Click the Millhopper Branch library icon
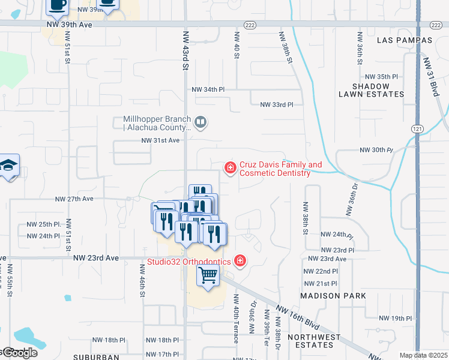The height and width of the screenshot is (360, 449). (x=200, y=123)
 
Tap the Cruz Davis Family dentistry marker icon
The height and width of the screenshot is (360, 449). (x=230, y=167)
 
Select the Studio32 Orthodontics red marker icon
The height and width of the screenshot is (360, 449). (x=240, y=260)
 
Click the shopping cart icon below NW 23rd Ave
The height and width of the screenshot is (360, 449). (x=208, y=277)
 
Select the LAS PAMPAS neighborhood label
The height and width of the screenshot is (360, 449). (x=405, y=40)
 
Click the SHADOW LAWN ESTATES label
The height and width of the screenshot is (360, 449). (x=372, y=91)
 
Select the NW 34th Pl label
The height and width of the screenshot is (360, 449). (x=208, y=89)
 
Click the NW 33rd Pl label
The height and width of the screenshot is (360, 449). (x=277, y=104)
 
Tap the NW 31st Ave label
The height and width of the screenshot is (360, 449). (x=160, y=140)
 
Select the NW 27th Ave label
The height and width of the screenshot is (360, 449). (x=74, y=199)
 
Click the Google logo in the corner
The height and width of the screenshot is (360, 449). (x=19, y=353)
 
